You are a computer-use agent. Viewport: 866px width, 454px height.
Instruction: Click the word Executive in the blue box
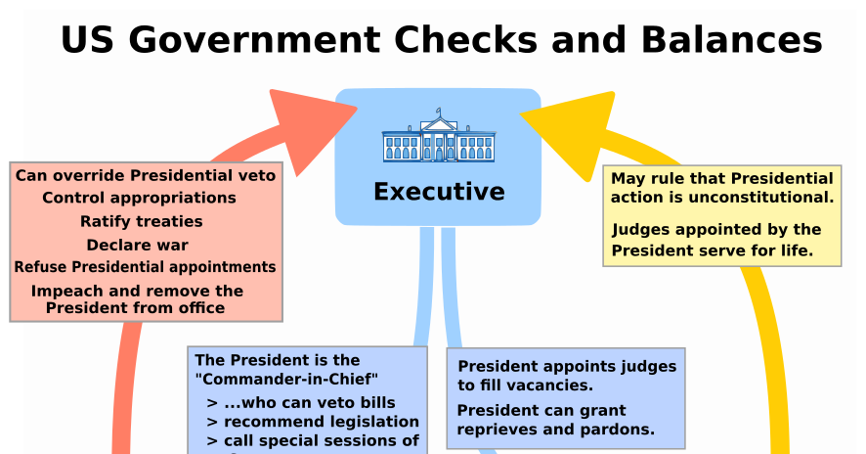pos(439,192)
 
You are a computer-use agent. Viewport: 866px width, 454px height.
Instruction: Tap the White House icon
pos(438,138)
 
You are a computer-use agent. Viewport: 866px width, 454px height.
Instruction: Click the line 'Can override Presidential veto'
pos(146,176)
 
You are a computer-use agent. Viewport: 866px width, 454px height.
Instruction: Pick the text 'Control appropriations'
pos(139,199)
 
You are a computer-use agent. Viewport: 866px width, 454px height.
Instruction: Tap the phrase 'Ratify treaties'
pos(141,222)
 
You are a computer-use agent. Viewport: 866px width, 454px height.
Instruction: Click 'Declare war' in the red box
pos(137,246)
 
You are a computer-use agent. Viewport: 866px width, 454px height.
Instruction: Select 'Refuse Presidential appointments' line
pos(145,267)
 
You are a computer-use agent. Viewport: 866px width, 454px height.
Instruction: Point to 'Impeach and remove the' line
pos(137,291)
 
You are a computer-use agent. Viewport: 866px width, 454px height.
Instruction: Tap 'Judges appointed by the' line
pos(716,230)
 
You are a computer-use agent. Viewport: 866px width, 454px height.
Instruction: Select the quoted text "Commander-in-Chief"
pos(286,379)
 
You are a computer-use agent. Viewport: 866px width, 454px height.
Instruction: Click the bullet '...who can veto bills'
pos(309,402)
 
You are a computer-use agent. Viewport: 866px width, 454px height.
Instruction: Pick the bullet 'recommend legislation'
pos(321,422)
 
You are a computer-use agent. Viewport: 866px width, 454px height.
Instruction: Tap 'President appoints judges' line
pos(567,367)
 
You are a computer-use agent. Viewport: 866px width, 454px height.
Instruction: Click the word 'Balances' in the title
pos(731,41)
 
